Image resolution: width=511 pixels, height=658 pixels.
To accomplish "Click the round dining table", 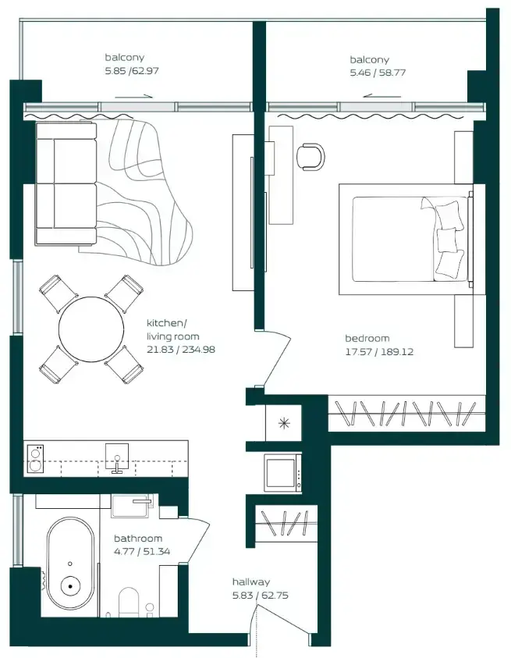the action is pos(91,329).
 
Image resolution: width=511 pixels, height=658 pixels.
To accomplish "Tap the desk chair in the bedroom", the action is pos(311,157).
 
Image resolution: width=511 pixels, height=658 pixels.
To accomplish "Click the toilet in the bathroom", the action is pos(129,602).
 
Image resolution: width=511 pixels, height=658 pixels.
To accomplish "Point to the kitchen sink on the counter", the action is pos(117,458).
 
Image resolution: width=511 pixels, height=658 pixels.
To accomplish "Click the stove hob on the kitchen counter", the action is pos(34,459).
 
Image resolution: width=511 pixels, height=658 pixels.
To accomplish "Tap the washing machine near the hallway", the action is pos(282,473).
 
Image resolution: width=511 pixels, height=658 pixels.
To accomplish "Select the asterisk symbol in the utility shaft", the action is pos(284,423).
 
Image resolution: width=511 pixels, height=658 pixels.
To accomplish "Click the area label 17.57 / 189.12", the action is pos(379,352).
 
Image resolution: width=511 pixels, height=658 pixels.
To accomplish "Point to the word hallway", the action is pos(251,582).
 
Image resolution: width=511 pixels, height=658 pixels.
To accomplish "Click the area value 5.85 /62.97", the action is pos(132,70).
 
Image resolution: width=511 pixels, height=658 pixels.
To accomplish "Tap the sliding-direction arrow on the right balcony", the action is pos(381,96).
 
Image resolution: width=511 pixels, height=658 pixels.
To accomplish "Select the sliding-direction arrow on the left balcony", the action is pos(133,97).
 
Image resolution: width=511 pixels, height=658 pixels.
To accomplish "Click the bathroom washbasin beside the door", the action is pos(132,506).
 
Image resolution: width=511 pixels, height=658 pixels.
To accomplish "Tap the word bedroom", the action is pos(367,338).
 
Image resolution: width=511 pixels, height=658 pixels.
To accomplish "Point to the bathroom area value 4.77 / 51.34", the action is pos(142,551).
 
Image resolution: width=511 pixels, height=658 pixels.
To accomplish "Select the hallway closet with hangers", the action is pos(286,523).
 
